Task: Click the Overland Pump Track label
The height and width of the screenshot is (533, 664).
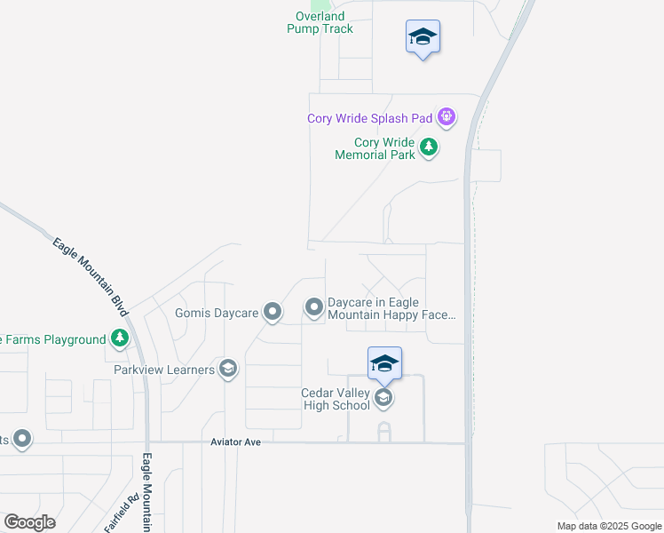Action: coord(320,22)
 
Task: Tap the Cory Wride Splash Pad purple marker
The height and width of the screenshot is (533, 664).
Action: coord(447,116)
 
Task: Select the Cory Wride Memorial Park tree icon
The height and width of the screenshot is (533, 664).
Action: coord(429,147)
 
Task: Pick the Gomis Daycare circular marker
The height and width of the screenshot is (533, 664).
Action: coord(273,312)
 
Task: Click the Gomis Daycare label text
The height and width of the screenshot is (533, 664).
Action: coord(217,313)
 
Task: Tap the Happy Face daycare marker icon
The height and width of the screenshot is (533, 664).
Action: coord(314,307)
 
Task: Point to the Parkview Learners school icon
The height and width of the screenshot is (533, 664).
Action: coord(228,369)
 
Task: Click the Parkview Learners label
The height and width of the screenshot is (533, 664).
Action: coord(164,369)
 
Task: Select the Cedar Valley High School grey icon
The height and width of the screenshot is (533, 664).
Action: coord(383,397)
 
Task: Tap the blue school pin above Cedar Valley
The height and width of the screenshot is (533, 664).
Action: coord(384,363)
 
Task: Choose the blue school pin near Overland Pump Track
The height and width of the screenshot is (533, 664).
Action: coord(423,37)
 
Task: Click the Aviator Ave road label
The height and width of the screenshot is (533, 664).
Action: coord(235,442)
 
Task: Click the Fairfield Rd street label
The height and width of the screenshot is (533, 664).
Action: coord(121,513)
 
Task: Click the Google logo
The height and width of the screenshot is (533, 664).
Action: coord(29,522)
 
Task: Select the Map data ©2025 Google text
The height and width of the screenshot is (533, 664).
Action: coord(608,526)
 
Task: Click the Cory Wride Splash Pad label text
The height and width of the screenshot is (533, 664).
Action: coord(369,118)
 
